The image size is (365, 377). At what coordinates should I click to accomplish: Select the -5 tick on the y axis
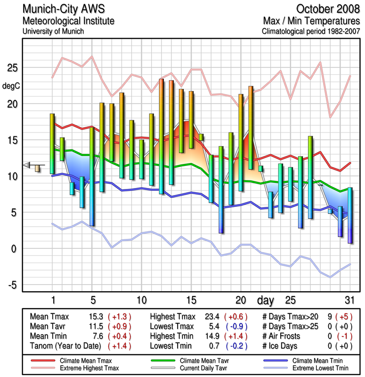click(12, 285)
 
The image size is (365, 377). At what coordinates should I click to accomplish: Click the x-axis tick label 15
click(191, 300)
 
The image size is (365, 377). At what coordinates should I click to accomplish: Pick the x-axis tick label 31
click(349, 300)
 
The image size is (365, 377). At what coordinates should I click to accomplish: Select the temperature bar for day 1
click(52, 144)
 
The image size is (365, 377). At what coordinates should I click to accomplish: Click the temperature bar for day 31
click(350, 215)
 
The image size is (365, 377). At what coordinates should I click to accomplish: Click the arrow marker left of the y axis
click(27, 165)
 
